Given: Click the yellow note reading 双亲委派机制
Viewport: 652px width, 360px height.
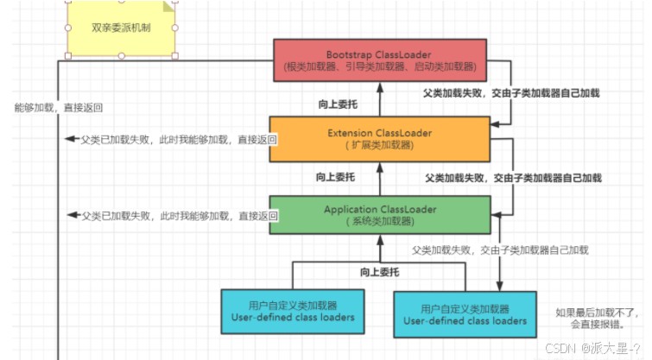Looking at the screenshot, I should pyautogui.click(x=121, y=28).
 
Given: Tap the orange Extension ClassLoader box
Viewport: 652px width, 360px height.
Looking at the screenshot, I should pyautogui.click(x=380, y=138).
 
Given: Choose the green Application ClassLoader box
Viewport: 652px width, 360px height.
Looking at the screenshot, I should pyautogui.click(x=380, y=215).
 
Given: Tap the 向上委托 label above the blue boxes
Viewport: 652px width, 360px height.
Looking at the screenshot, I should pyautogui.click(x=381, y=272).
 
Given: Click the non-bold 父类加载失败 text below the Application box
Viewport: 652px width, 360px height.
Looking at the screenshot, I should pyautogui.click(x=500, y=249).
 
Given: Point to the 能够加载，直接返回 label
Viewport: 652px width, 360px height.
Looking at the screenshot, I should pyautogui.click(x=59, y=108).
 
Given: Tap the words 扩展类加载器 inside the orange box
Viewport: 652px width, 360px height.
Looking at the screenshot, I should pyautogui.click(x=379, y=146).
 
